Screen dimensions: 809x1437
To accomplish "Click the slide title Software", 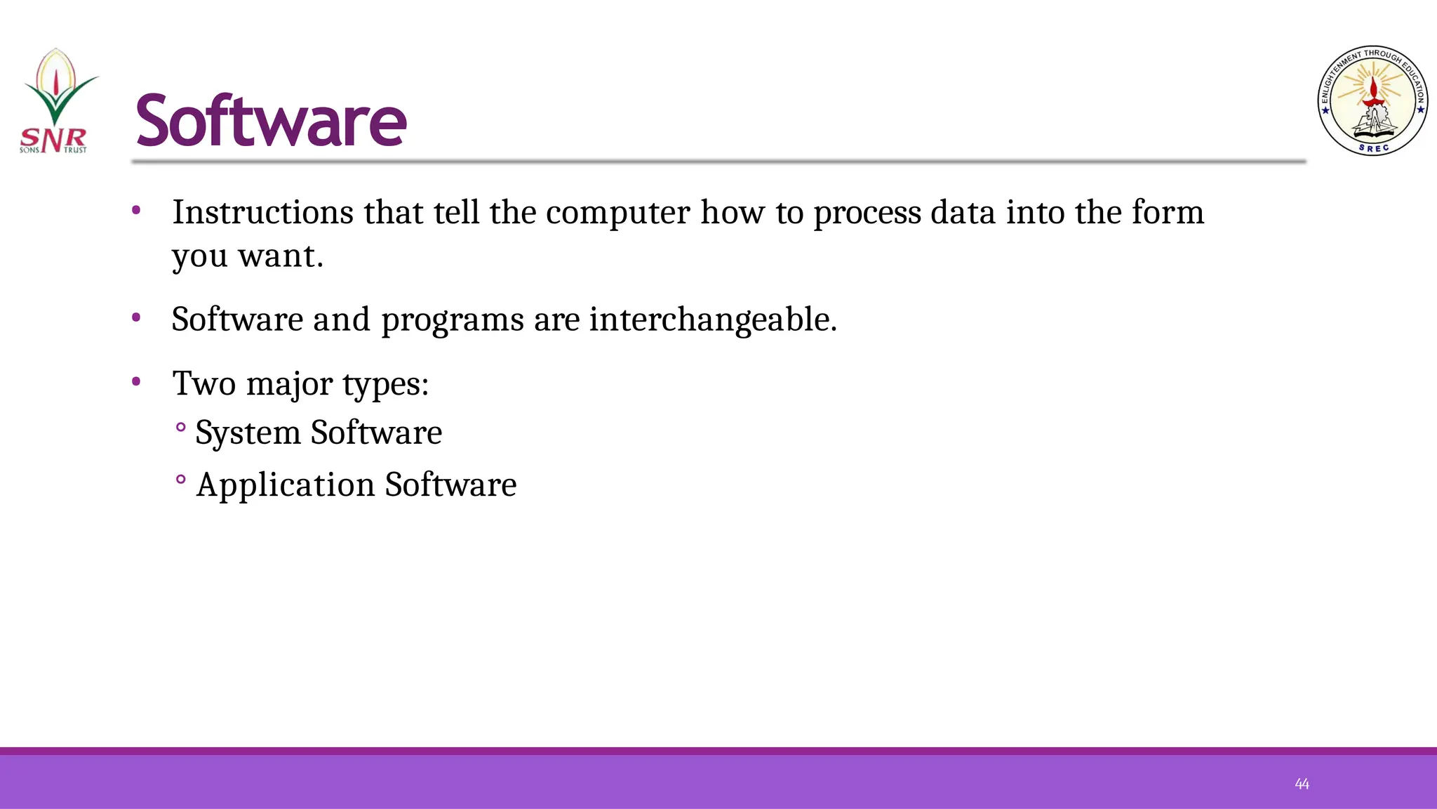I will pyautogui.click(x=271, y=121).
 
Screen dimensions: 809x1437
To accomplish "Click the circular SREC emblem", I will pyautogui.click(x=1372, y=101).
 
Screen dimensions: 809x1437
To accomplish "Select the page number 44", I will pyautogui.click(x=1302, y=784).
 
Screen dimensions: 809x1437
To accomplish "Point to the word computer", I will pyautogui.click(x=617, y=213).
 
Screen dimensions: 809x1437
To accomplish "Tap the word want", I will pyautogui.click(x=281, y=256).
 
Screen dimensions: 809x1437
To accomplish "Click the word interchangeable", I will pyautogui.click(x=712, y=320).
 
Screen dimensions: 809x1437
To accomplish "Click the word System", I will pyautogui.click(x=248, y=433).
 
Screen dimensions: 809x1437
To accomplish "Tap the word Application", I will pyautogui.click(x=286, y=486).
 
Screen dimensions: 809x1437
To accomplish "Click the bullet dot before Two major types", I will pyautogui.click(x=136, y=382).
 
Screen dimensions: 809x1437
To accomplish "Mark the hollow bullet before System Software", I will pyautogui.click(x=181, y=427).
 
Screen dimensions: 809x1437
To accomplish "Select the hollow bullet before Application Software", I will pyautogui.click(x=181, y=480).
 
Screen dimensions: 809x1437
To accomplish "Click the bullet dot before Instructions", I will pyautogui.click(x=136, y=210).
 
